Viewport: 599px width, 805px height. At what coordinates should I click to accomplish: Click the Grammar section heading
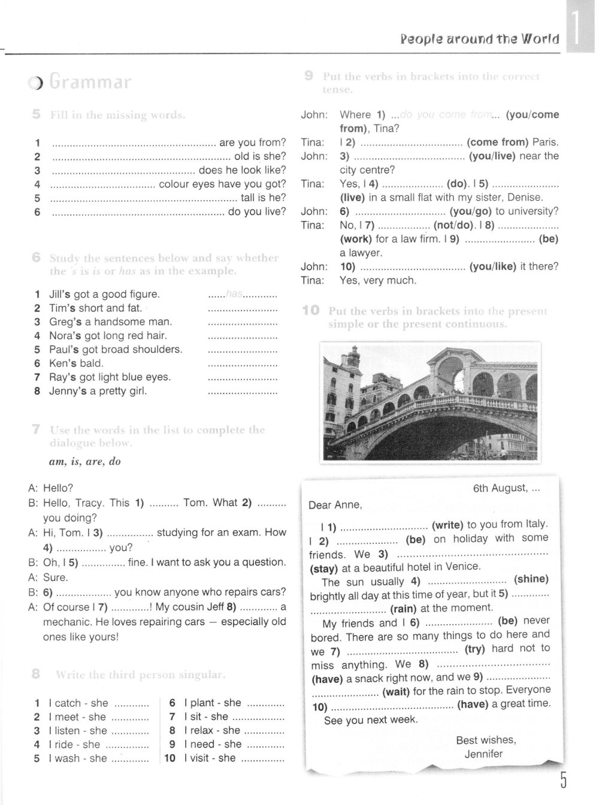coord(90,82)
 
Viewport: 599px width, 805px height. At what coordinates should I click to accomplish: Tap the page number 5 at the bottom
coord(563,780)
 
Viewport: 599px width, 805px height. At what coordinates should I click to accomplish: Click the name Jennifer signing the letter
coord(483,754)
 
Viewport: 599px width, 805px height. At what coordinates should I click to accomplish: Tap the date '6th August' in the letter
coord(500,488)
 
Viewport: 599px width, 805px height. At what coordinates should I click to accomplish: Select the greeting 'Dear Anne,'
coord(335,505)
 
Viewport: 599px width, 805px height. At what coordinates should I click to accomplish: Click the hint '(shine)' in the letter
coord(531,579)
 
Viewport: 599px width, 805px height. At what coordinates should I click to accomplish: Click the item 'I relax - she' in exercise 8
coord(212,730)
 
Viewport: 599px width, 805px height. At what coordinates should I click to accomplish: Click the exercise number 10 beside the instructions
coord(310,311)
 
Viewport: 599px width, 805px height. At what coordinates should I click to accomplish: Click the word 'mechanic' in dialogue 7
coord(66,622)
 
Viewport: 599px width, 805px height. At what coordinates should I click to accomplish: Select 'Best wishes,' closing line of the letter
coord(486,740)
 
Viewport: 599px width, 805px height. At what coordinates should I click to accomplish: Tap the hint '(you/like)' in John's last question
coord(492,267)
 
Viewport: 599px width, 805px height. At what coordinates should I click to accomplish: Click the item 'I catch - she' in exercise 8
coord(78,703)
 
